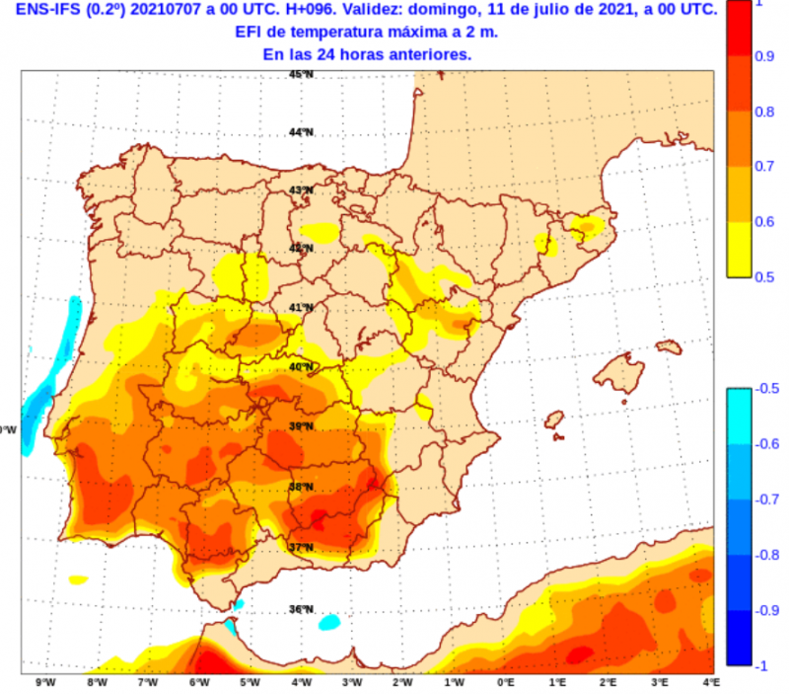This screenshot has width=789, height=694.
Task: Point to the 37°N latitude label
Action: pos(302,547)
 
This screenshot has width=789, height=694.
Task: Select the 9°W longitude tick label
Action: pos(43,682)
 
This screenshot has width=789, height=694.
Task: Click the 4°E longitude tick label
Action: pos(711,682)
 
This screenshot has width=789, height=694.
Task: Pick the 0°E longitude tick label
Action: pos(506,682)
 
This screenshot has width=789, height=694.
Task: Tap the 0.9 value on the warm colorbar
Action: pos(764,57)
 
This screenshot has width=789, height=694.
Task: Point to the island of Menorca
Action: pos(669,347)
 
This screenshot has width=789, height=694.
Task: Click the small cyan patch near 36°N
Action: pos(328,623)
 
